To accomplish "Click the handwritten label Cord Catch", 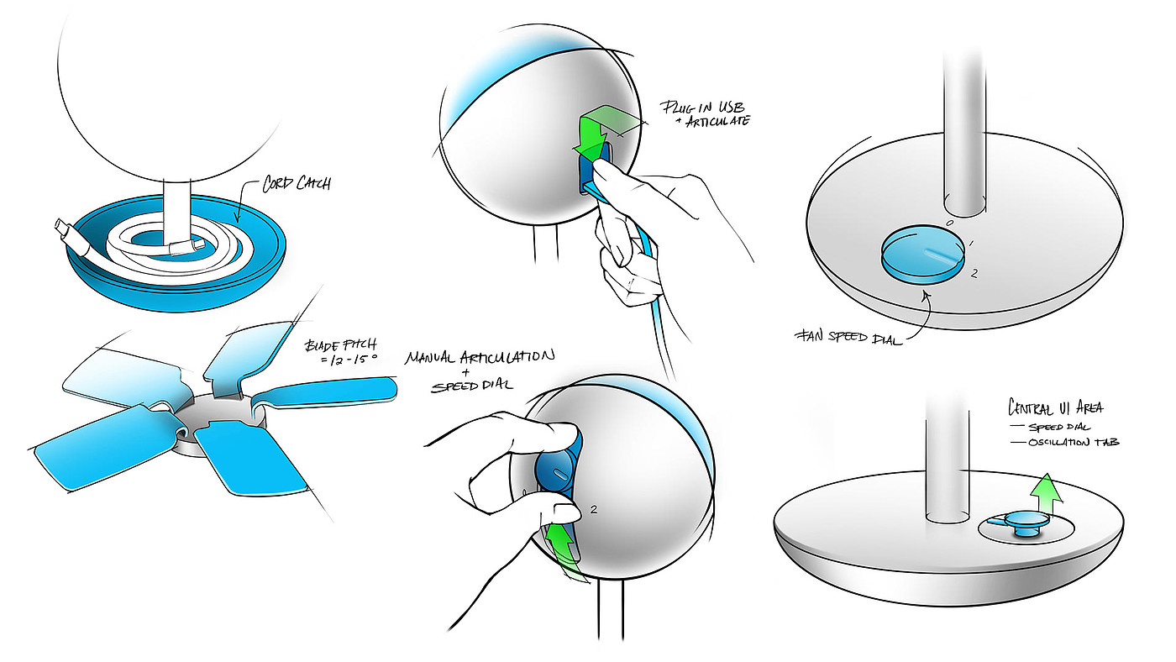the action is click(297, 183).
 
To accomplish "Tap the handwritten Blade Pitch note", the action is click(341, 352).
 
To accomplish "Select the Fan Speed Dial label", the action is click(848, 337).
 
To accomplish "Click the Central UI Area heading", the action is click(1055, 408).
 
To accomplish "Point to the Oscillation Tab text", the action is click(1074, 442).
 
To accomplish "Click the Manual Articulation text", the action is click(480, 357).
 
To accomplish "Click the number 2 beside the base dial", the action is click(974, 274).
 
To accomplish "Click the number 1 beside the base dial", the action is click(971, 244).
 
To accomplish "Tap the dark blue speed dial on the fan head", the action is click(558, 472).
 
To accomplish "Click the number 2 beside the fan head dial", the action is click(594, 509).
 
